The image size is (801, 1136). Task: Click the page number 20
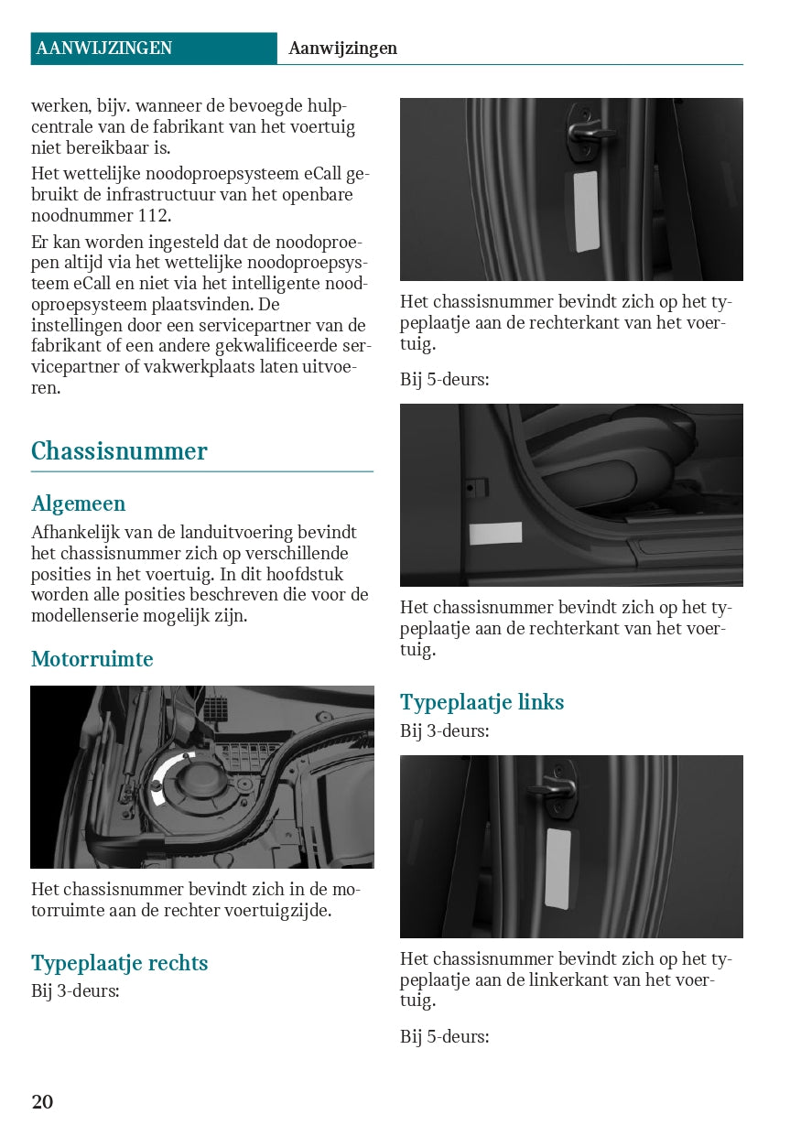click(x=42, y=1101)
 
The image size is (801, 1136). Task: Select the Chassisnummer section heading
click(x=119, y=451)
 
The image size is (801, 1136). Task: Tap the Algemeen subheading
click(x=78, y=503)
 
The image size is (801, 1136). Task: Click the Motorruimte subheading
click(x=92, y=659)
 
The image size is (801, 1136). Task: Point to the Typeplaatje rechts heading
click(x=119, y=963)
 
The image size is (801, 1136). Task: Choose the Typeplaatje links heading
click(x=482, y=702)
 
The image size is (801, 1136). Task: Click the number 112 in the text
click(x=152, y=216)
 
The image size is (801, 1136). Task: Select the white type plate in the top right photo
click(x=586, y=211)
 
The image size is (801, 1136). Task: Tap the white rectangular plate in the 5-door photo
click(x=495, y=534)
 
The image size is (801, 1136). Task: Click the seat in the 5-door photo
click(x=622, y=458)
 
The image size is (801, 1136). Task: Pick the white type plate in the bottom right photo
click(x=557, y=869)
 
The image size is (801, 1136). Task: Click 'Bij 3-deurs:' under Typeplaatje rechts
click(x=75, y=990)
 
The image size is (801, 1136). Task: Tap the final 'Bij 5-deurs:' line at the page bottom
click(x=444, y=1036)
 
